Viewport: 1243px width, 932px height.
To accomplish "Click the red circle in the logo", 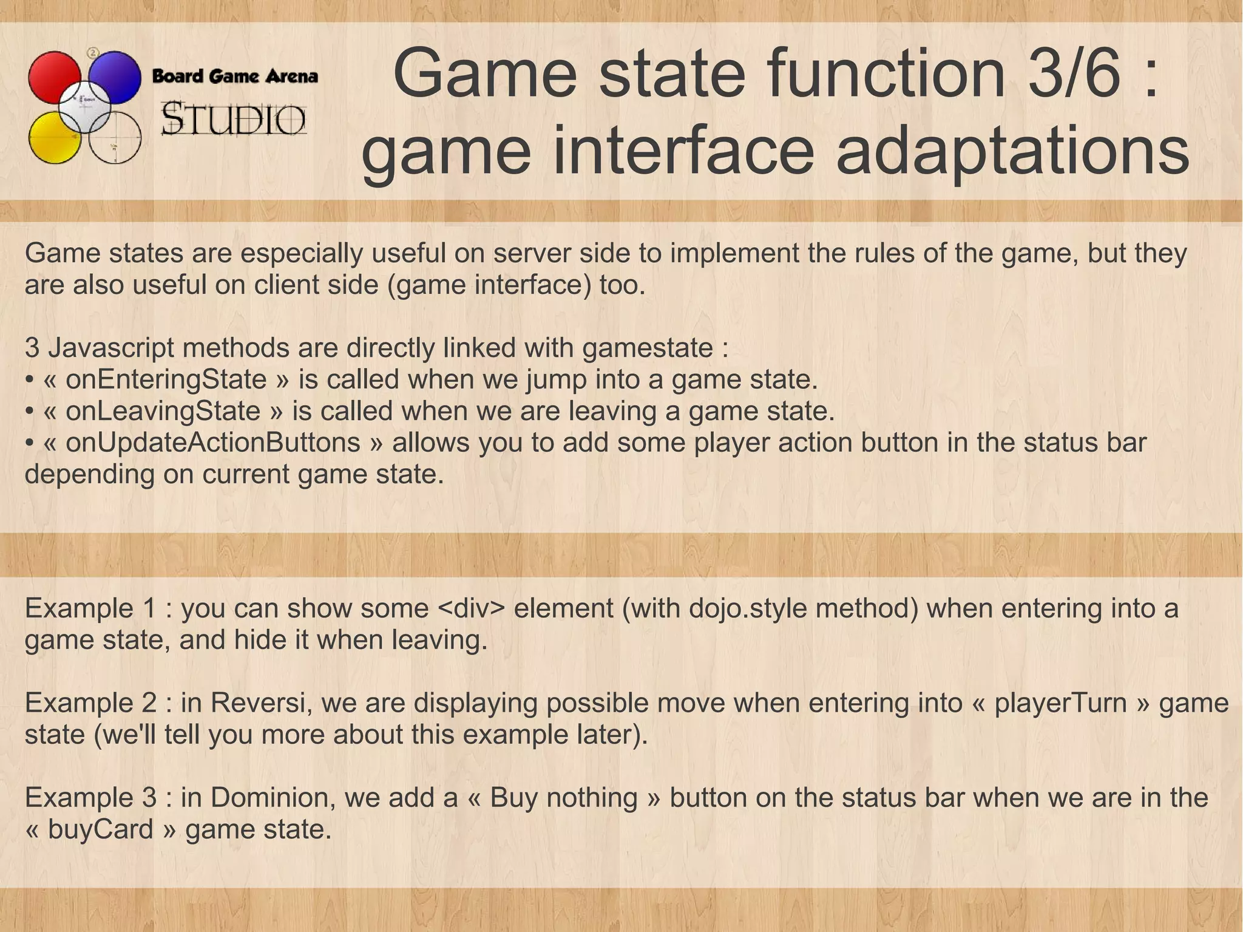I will coord(53,76).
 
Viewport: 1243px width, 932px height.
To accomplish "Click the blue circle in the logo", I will coord(115,76).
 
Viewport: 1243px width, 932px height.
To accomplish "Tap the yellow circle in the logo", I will coord(53,138).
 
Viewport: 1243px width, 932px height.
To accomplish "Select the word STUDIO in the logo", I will coord(234,120).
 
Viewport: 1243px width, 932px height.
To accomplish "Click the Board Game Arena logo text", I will coord(235,77).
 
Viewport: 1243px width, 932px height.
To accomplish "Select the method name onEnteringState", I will coord(166,379).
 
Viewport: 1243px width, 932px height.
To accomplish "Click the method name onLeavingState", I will coord(163,411).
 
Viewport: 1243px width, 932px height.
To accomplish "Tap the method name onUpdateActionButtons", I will coord(213,443).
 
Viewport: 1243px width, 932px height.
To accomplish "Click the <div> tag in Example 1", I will coord(471,608).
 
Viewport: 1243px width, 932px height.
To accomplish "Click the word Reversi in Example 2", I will coord(257,703).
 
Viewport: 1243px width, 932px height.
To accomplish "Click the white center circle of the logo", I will coord(85,107).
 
